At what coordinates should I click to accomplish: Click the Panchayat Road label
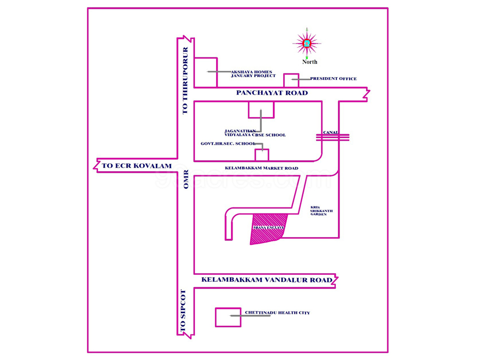[272, 93]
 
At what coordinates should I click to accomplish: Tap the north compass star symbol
[306, 43]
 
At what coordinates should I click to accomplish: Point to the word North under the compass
[310, 62]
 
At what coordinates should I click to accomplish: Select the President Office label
[333, 79]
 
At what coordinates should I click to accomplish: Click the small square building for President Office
[291, 80]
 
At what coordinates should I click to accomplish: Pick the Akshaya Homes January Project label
[253, 74]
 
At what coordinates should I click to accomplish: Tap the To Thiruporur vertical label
[185, 80]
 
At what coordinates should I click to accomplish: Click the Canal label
[330, 132]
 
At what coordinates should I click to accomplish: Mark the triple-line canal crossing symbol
[333, 137]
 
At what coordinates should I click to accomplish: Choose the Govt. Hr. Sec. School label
[228, 144]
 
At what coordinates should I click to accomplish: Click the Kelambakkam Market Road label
[261, 168]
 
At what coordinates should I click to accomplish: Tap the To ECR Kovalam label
[137, 166]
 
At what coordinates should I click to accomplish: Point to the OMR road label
[186, 180]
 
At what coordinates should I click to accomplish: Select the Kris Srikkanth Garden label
[321, 211]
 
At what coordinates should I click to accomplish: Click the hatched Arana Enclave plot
[268, 228]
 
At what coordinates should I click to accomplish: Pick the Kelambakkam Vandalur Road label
[267, 280]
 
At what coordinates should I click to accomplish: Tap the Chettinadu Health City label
[277, 313]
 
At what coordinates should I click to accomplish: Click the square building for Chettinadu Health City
[228, 317]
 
